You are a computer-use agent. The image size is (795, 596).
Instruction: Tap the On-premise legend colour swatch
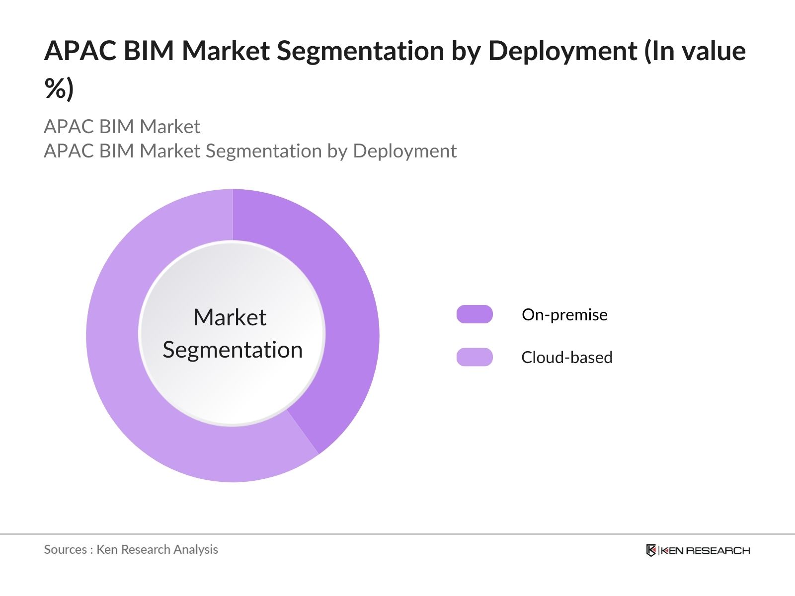pyautogui.click(x=475, y=314)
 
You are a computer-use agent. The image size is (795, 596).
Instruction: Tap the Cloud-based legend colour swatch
pyautogui.click(x=475, y=357)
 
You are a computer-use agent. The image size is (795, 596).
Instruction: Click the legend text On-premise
pyautogui.click(x=564, y=314)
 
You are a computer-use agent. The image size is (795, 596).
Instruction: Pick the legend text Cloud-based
pyautogui.click(x=566, y=357)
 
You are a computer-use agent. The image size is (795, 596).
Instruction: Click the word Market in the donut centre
pyautogui.click(x=230, y=317)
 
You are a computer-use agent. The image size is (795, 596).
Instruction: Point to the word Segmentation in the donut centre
pyautogui.click(x=233, y=350)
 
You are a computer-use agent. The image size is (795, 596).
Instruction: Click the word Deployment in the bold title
pyautogui.click(x=562, y=51)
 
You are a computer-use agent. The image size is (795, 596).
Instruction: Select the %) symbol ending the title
pyautogui.click(x=59, y=88)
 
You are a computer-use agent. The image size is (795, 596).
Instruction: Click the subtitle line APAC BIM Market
pyautogui.click(x=122, y=127)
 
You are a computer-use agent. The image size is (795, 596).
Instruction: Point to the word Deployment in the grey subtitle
pyautogui.click(x=404, y=151)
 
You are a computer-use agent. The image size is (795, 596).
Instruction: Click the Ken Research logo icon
pyautogui.click(x=651, y=550)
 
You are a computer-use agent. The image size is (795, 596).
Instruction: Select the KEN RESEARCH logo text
pyautogui.click(x=705, y=550)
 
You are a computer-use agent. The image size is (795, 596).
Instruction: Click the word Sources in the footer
pyautogui.click(x=65, y=549)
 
